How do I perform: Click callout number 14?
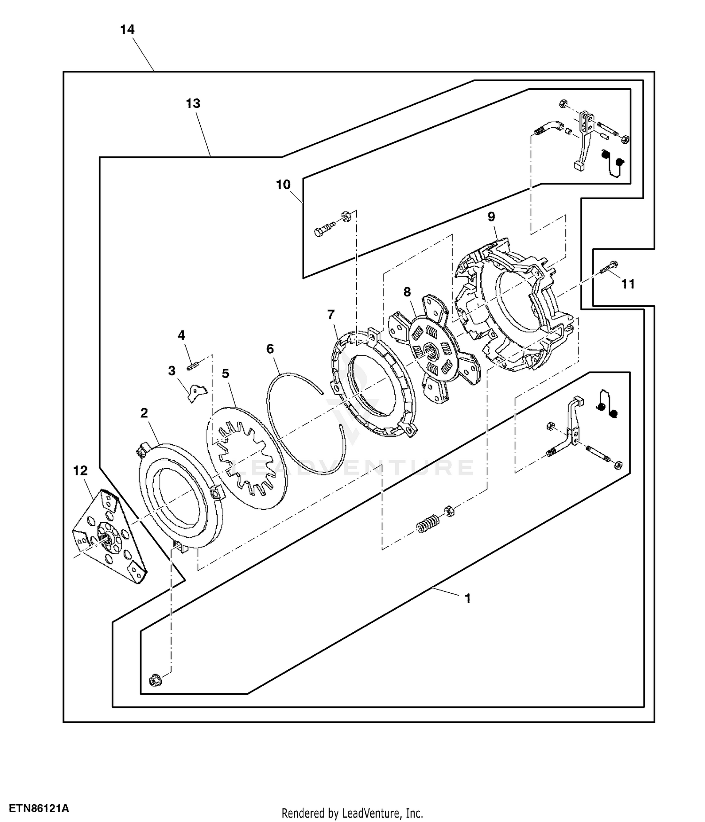pyautogui.click(x=127, y=30)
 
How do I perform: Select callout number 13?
pyautogui.click(x=193, y=103)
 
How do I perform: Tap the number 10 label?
pyautogui.click(x=283, y=185)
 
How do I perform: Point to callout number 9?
pyautogui.click(x=491, y=217)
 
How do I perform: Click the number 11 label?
pyautogui.click(x=628, y=284)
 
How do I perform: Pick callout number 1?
pyautogui.click(x=467, y=598)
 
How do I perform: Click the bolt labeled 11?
pyautogui.click(x=609, y=268)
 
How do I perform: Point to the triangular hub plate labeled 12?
pyautogui.click(x=108, y=535)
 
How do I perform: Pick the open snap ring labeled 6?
pyautogui.click(x=305, y=413)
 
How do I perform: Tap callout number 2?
pyautogui.click(x=144, y=413)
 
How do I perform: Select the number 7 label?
pyautogui.click(x=331, y=314)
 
